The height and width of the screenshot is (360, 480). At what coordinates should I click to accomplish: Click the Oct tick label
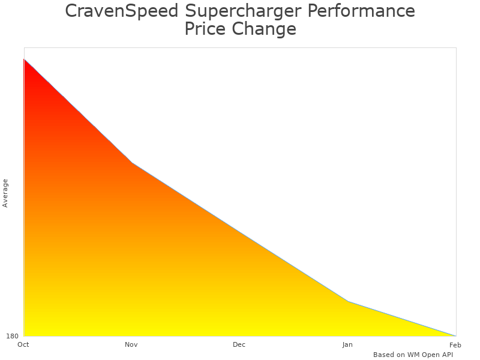click(23, 344)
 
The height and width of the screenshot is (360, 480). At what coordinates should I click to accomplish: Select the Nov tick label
click(131, 344)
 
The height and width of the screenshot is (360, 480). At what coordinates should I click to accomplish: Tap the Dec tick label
click(239, 344)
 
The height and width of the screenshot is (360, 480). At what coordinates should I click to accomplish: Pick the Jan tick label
click(347, 344)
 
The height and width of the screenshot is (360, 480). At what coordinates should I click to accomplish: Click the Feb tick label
click(455, 344)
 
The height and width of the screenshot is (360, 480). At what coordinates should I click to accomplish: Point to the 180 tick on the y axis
click(13, 336)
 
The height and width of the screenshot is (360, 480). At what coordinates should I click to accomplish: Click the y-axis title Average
click(5, 193)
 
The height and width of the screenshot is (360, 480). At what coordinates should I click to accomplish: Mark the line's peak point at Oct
click(24, 59)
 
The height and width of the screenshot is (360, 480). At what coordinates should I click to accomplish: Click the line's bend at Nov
click(132, 163)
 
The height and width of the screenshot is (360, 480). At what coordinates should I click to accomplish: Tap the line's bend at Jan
click(348, 301)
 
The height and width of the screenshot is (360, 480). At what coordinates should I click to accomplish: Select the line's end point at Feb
click(455, 335)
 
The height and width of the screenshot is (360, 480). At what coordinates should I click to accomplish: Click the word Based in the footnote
click(384, 355)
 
